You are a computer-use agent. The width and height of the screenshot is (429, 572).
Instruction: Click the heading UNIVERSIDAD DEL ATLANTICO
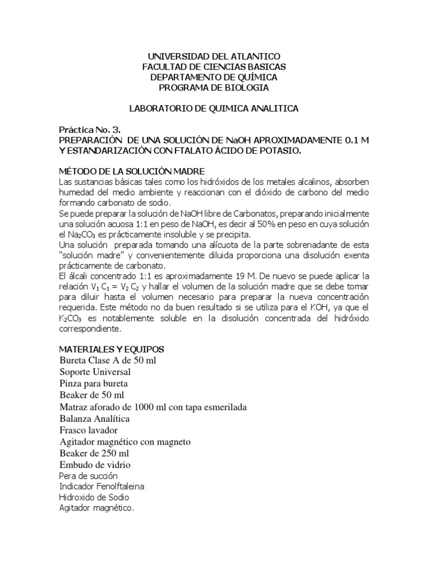pos(214,57)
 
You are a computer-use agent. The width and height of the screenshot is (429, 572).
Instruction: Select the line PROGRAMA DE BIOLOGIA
pos(214,88)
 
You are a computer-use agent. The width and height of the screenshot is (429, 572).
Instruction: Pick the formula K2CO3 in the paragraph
pos(73,318)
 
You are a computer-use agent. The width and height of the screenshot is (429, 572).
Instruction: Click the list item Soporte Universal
pos(95,371)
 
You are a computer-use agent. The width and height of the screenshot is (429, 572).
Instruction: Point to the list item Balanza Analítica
pos(95,418)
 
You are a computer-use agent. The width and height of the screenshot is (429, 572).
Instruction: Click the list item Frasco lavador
pos(88,430)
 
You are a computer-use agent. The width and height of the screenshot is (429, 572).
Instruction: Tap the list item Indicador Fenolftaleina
pos(101,487)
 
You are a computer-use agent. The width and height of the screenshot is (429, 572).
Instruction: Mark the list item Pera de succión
pos(88,476)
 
